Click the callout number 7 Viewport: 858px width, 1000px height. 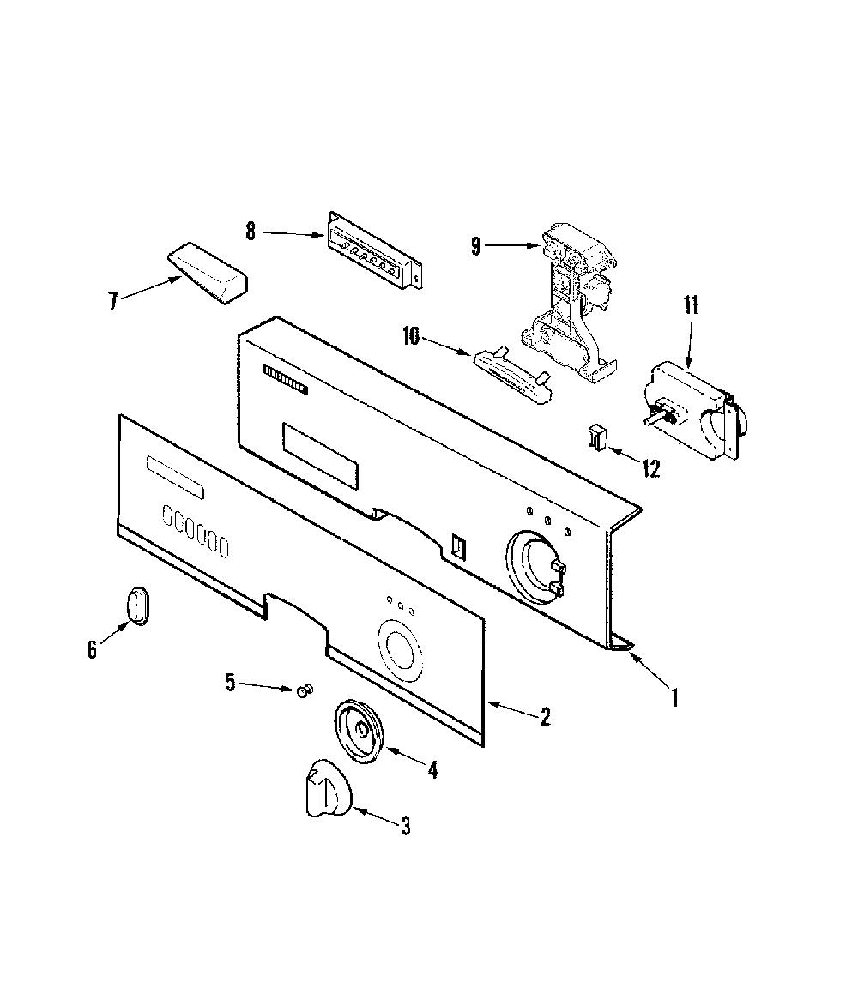(x=113, y=301)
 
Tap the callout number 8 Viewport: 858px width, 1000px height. (x=251, y=232)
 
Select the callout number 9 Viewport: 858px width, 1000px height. (x=476, y=246)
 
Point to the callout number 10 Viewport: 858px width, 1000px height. (x=411, y=336)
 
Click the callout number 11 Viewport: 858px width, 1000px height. (x=691, y=304)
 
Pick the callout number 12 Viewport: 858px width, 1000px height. (x=650, y=469)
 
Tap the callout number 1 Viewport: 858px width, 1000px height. (x=675, y=697)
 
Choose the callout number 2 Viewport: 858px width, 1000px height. (x=544, y=717)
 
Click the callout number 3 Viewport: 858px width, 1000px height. (x=405, y=827)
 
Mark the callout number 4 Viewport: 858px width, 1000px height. (x=432, y=770)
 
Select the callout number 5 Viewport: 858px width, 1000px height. (x=230, y=683)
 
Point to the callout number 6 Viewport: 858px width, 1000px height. (x=93, y=649)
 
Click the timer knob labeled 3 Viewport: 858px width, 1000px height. (x=328, y=787)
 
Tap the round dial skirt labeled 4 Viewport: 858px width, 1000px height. (x=360, y=730)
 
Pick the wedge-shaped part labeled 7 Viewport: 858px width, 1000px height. (x=208, y=273)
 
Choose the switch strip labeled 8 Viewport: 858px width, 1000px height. (x=375, y=251)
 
